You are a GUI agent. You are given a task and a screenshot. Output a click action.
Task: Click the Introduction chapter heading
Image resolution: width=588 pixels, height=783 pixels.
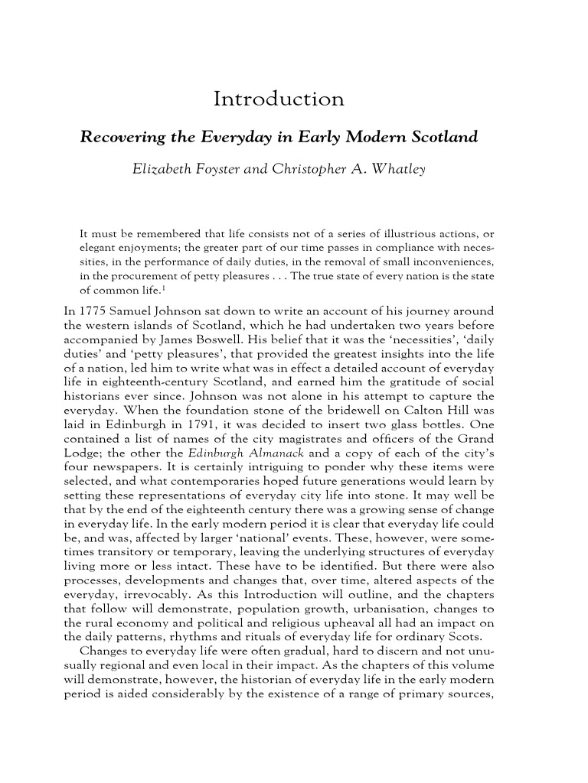click(x=279, y=99)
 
